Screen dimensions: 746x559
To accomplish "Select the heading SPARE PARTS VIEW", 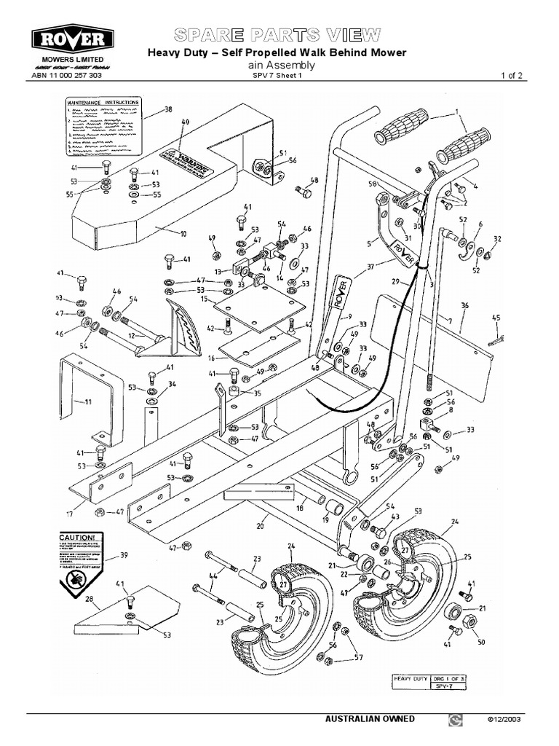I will (277, 34).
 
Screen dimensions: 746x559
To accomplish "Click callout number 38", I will (168, 111).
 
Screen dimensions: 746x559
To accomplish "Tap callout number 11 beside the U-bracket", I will (88, 401).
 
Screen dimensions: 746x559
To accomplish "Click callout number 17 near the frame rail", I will (71, 514).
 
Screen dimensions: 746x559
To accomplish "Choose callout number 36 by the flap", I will (464, 305).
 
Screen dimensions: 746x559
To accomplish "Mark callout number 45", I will (496, 318).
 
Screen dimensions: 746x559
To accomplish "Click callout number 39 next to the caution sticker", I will (124, 556).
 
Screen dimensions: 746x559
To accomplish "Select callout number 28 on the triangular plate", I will (90, 599).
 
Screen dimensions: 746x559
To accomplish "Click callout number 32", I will (497, 239).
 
